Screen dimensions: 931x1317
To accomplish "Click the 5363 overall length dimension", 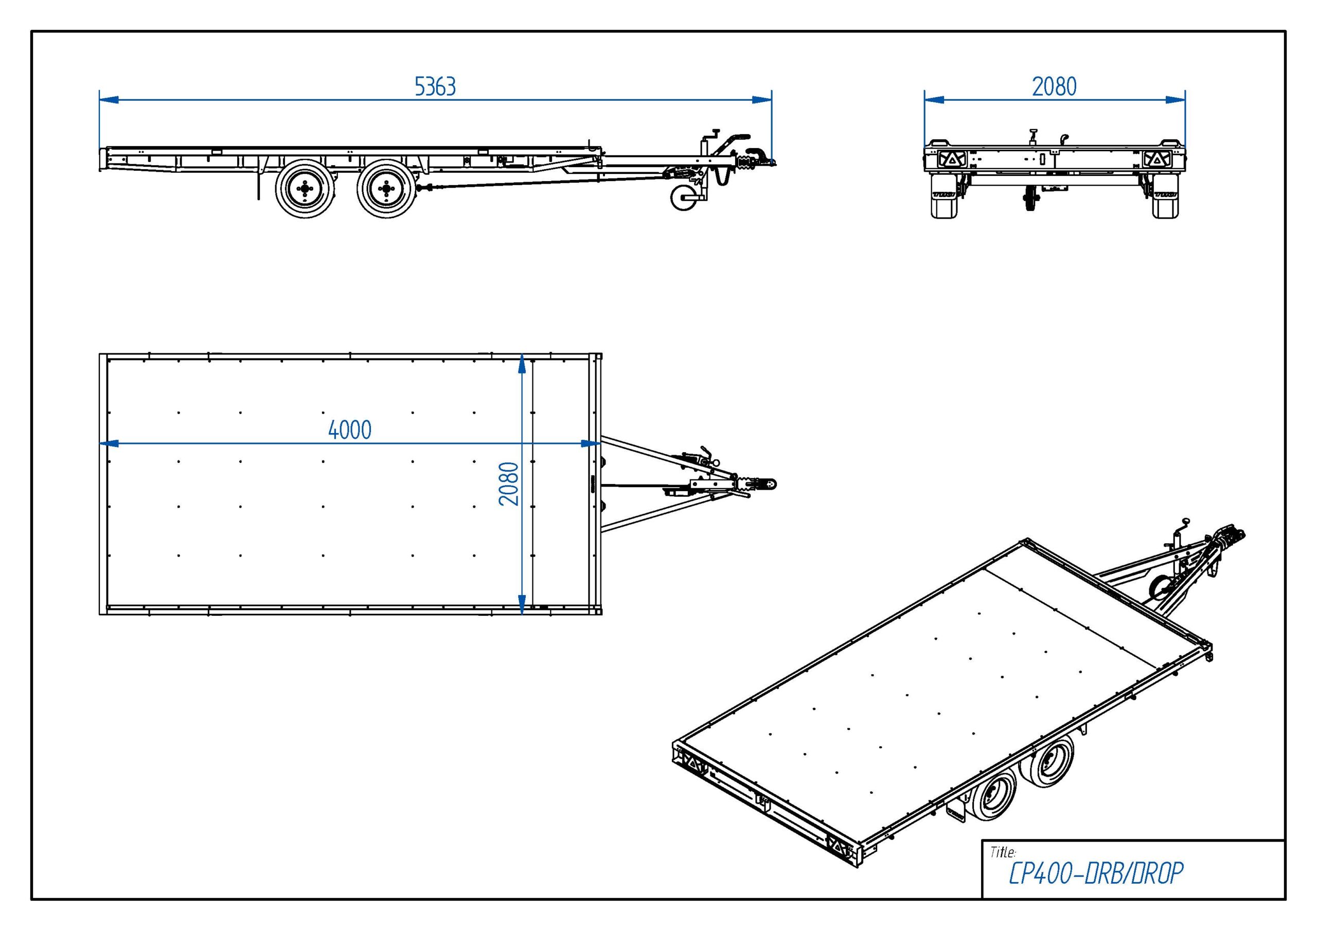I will tap(435, 86).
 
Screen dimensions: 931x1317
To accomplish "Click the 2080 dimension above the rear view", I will tap(1054, 86).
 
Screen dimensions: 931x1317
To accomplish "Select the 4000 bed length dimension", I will tap(349, 429).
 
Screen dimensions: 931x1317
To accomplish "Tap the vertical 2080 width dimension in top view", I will tap(509, 484).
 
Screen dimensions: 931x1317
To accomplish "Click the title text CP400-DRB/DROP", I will tap(1096, 873).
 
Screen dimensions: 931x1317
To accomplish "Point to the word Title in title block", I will tap(1003, 852).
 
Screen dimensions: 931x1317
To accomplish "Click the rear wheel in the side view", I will tap(305, 189).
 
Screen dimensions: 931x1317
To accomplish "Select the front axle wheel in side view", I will tap(385, 189).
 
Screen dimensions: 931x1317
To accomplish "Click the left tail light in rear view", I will tap(952, 159).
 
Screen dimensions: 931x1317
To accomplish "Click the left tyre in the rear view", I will tap(944, 197).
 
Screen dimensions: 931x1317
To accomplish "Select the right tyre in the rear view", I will tap(1166, 197).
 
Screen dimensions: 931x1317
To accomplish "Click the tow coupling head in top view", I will tap(766, 484).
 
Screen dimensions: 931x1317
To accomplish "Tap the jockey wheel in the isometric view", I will tap(1158, 589).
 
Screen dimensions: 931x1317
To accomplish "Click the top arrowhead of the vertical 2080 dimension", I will tap(522, 364).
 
